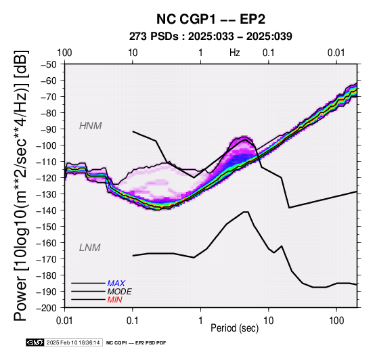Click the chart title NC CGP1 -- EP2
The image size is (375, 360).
(x=211, y=19)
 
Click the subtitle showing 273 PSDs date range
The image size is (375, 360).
(x=211, y=37)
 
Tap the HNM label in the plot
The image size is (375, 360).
(x=91, y=126)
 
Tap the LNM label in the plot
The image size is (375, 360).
(x=89, y=248)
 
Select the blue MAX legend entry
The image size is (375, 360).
(x=116, y=284)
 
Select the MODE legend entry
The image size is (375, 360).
(x=119, y=292)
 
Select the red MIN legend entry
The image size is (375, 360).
(x=114, y=300)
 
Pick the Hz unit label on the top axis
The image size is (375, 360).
(x=235, y=53)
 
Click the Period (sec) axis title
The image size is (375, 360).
(x=235, y=328)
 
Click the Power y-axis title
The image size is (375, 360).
(x=21, y=185)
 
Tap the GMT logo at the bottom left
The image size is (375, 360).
(x=35, y=342)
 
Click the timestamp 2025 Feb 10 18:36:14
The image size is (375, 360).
(x=73, y=342)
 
